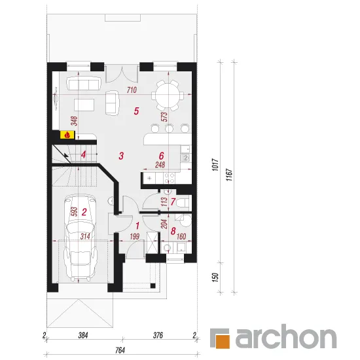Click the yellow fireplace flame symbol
click(x=67, y=135)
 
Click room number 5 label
click(x=136, y=111)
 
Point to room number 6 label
click(x=162, y=156)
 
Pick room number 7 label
click(x=173, y=202)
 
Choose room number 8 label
click(x=173, y=231)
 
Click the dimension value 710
click(x=132, y=90)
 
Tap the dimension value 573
click(x=164, y=117)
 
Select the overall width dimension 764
click(x=120, y=350)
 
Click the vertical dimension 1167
click(x=229, y=175)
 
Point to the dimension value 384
click(x=83, y=335)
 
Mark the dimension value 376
click(x=158, y=335)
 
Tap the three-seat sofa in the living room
click(x=83, y=84)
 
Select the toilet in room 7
click(x=184, y=203)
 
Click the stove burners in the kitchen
click(x=170, y=178)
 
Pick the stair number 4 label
click(x=84, y=154)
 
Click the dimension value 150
click(x=215, y=278)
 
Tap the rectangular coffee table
click(x=84, y=105)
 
